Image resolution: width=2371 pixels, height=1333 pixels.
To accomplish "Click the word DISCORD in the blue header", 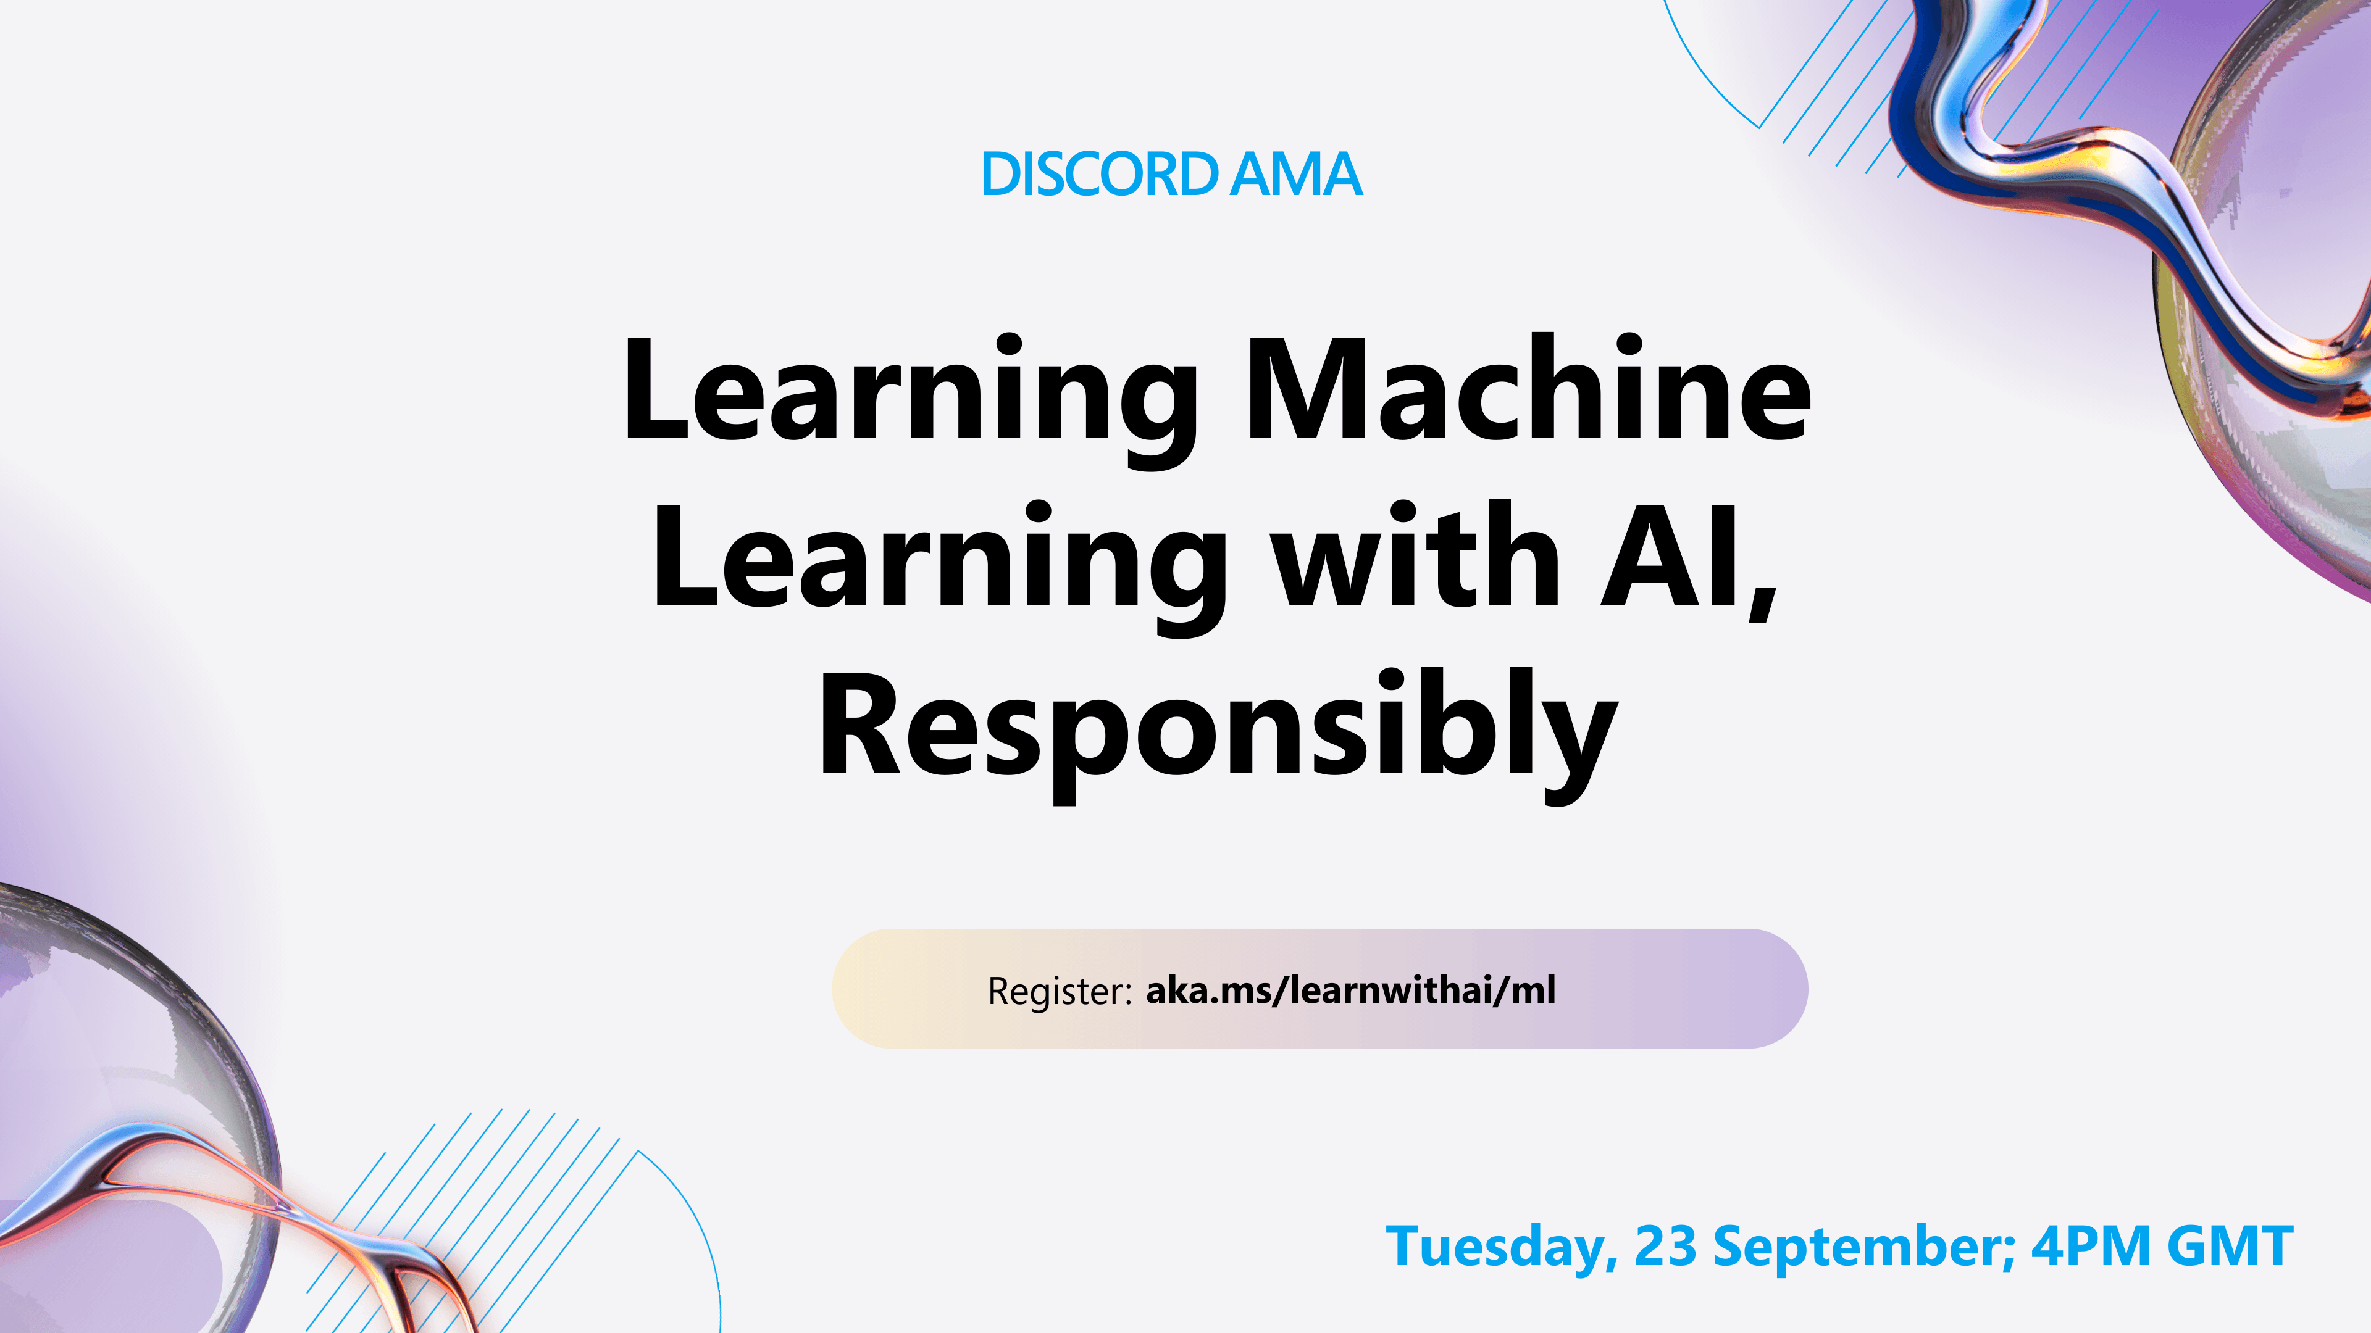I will coord(1100,174).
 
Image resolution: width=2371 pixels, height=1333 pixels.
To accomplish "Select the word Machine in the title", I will coord(1528,391).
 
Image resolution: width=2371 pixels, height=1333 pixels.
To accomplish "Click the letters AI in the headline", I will coord(1668,559).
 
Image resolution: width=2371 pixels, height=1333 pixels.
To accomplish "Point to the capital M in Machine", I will coord(1307,391).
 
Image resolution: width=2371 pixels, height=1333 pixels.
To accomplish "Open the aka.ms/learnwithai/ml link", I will coord(1350,990).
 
